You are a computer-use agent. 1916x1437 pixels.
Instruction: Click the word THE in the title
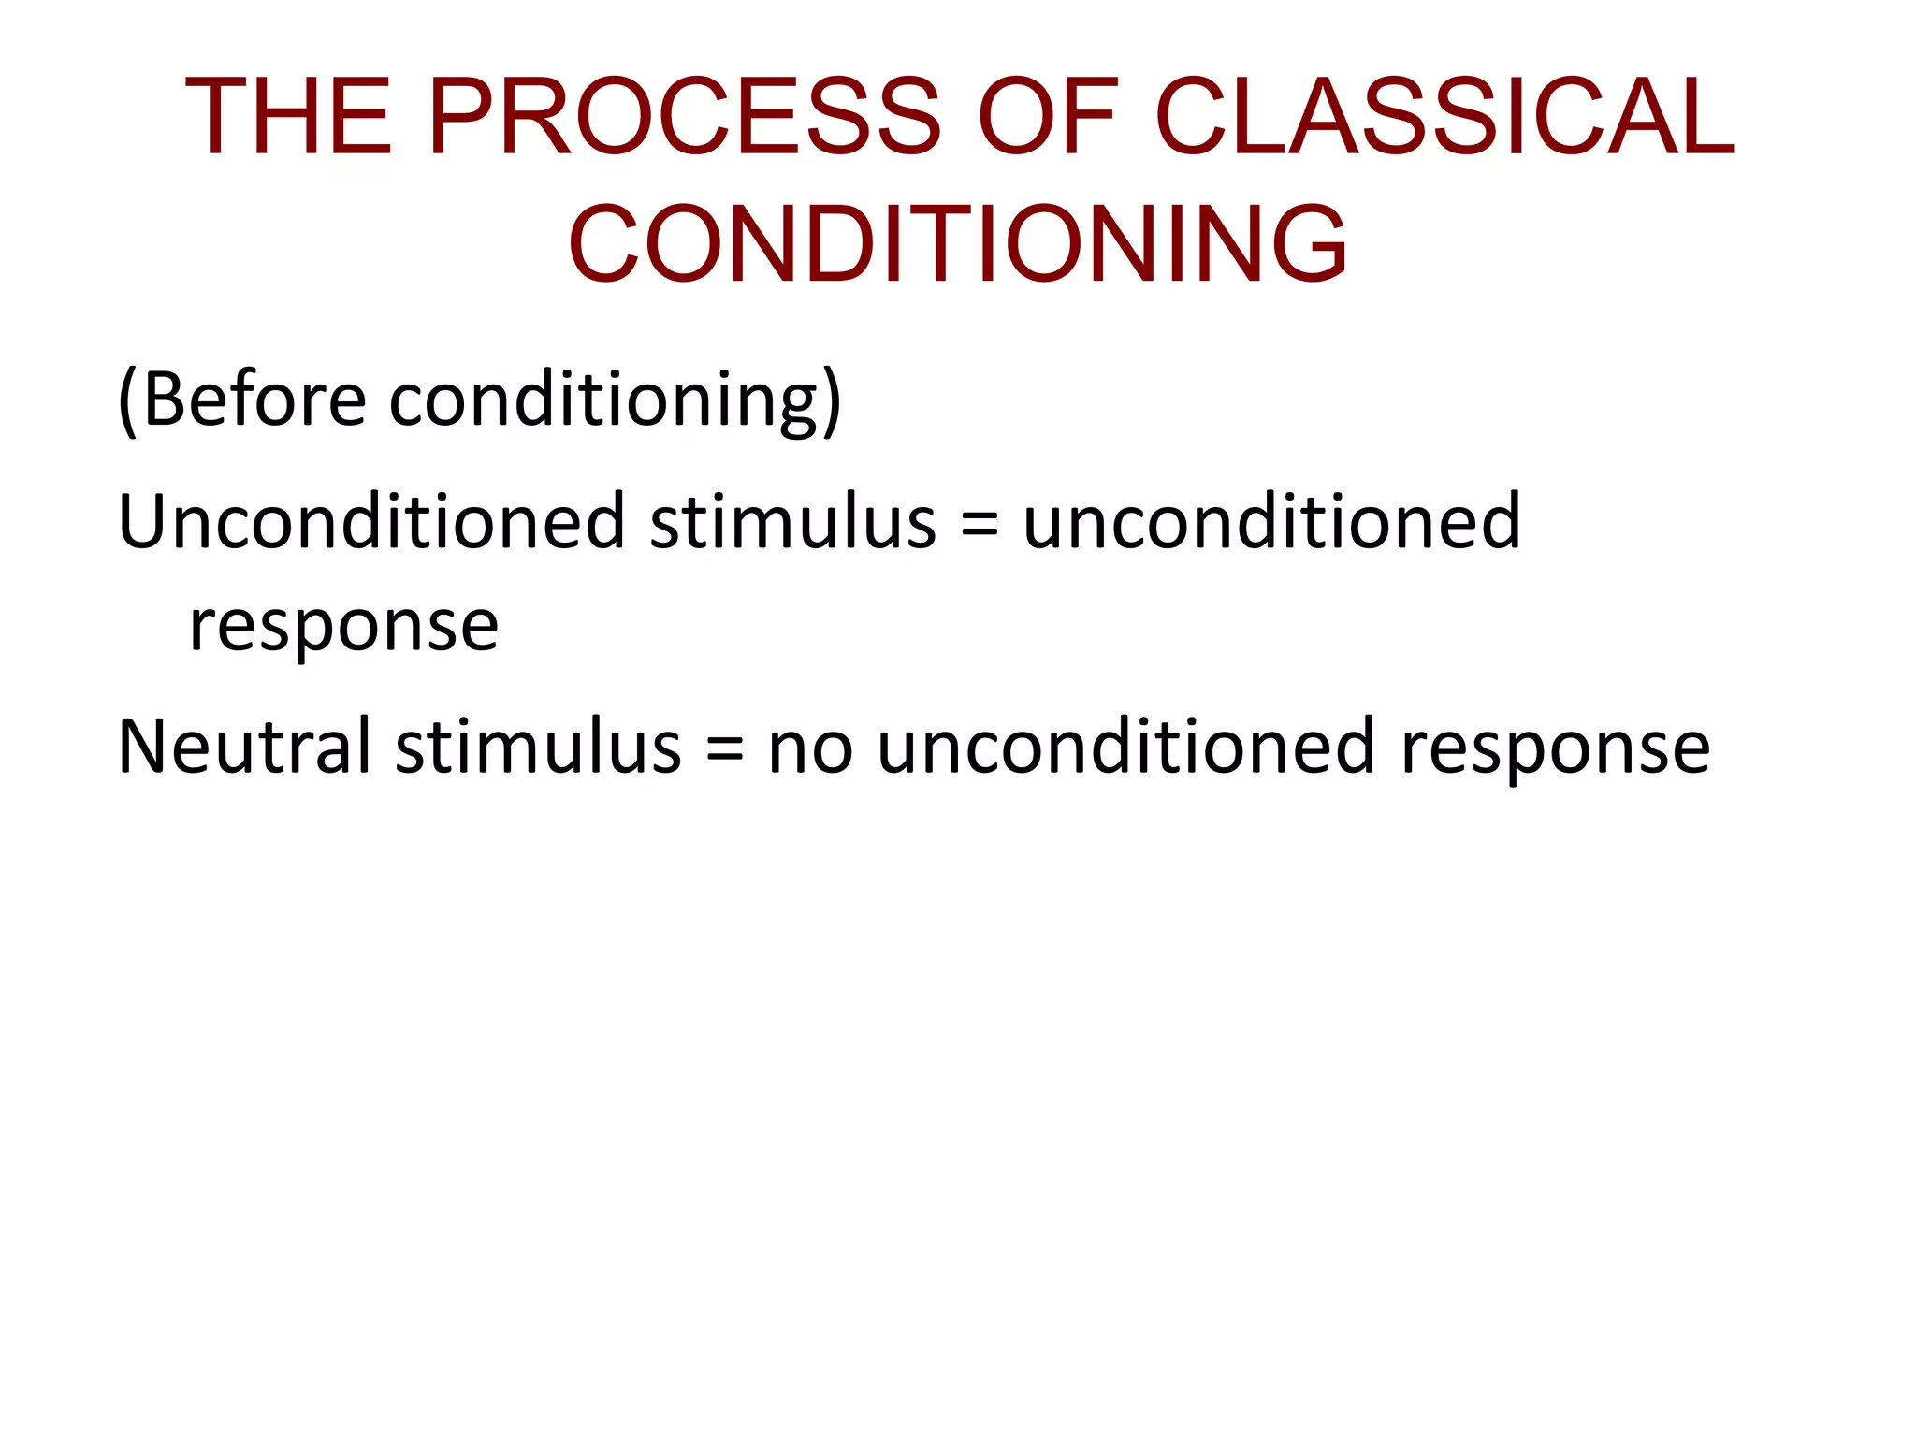(x=288, y=117)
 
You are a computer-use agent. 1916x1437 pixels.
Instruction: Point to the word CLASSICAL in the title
(x=1444, y=117)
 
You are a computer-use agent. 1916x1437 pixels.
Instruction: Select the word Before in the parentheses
(x=254, y=400)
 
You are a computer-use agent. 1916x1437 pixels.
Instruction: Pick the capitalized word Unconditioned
(x=370, y=522)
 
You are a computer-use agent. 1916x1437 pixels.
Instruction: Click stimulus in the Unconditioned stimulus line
(x=792, y=522)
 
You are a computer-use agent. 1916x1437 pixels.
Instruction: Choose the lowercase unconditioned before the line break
(x=1270, y=522)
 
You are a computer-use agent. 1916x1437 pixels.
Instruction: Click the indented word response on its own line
(x=343, y=627)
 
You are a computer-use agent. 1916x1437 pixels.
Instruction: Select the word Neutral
(x=243, y=747)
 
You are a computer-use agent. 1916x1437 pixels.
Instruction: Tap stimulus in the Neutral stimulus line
(x=538, y=747)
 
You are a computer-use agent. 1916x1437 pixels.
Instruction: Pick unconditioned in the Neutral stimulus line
(x=1125, y=747)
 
